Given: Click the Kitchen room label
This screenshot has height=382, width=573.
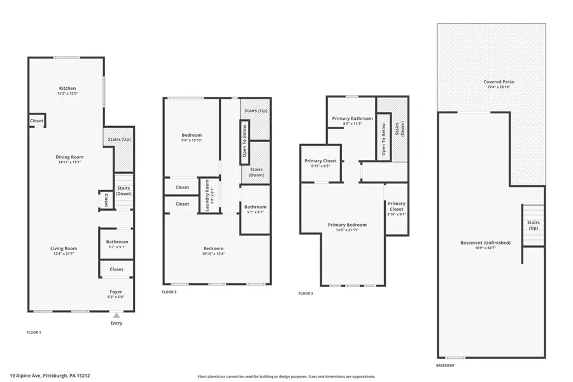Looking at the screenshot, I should pyautogui.click(x=67, y=88).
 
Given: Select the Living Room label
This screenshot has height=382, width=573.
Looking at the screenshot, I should pyautogui.click(x=64, y=248).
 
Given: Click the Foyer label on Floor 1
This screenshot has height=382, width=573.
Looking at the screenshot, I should pyautogui.click(x=117, y=291).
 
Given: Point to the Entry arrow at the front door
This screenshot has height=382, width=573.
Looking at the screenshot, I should pyautogui.click(x=116, y=315).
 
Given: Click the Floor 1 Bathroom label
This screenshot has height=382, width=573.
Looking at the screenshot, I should pyautogui.click(x=117, y=242).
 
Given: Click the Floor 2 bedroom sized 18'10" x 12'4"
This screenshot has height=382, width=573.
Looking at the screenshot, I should pyautogui.click(x=213, y=248).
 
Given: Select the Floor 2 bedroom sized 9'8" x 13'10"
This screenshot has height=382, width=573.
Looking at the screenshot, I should pyautogui.click(x=192, y=135).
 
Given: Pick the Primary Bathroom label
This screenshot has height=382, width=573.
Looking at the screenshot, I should pyautogui.click(x=352, y=118).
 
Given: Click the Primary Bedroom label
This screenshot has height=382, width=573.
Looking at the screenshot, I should pyautogui.click(x=347, y=225).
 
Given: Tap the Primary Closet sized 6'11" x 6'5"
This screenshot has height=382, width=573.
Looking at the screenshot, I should pyautogui.click(x=320, y=161).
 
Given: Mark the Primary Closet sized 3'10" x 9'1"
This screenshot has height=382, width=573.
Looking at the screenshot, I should pyautogui.click(x=396, y=207).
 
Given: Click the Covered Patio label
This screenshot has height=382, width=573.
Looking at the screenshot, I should pyautogui.click(x=499, y=82).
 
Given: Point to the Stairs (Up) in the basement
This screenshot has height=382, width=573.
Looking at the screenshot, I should pyautogui.click(x=533, y=225).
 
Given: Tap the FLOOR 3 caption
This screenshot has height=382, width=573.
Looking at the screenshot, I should pyautogui.click(x=306, y=294).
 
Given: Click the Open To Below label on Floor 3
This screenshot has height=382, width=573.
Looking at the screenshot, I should pyautogui.click(x=383, y=141).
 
